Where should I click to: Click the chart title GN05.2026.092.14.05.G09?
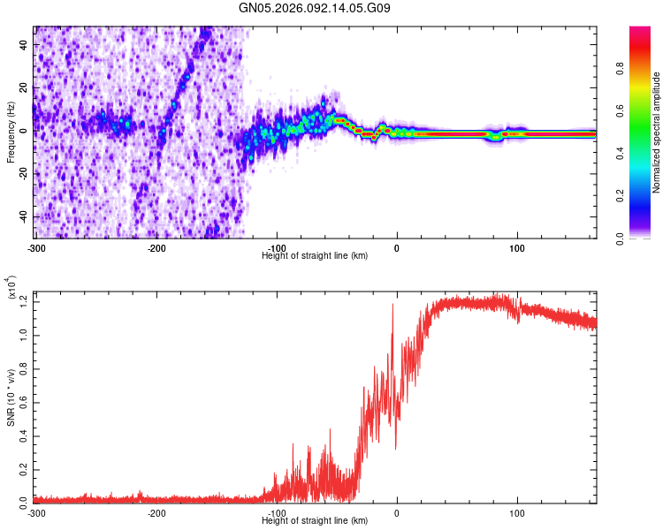pos(316,8)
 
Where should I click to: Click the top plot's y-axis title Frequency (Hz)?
pos(11,132)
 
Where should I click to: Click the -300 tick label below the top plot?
pos(35,246)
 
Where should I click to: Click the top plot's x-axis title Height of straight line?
pos(315,255)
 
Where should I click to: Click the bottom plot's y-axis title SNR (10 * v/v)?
pos(11,397)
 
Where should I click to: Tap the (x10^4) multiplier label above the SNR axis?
pos(12,288)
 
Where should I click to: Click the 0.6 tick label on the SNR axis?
pos(24,401)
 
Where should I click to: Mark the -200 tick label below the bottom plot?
pos(156,512)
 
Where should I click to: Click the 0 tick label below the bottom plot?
pos(396,512)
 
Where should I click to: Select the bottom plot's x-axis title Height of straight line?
pos(315,520)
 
